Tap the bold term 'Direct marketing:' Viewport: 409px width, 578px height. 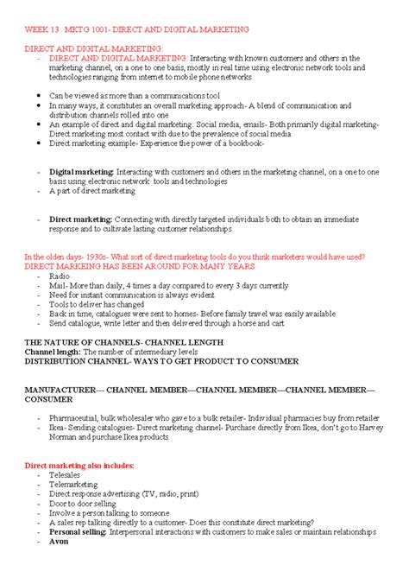(80, 219)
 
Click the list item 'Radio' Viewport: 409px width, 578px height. (60, 276)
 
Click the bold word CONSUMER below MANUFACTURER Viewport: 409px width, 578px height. (49, 399)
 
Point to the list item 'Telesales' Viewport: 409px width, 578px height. (66, 475)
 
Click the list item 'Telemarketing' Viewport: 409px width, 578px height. (73, 485)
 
